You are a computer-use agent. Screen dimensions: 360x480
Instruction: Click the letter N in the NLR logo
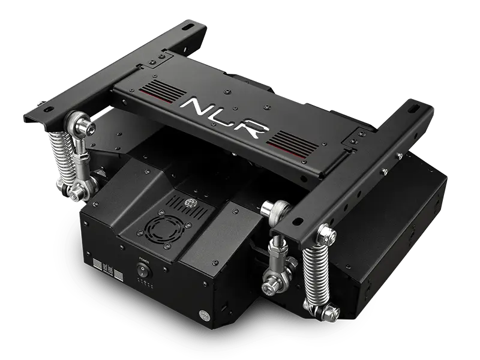tap(196, 109)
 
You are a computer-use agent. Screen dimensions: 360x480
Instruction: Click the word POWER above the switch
tap(143, 260)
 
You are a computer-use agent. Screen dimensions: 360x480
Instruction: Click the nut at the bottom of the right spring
tap(329, 313)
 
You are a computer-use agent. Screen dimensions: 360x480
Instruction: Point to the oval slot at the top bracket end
tap(190, 27)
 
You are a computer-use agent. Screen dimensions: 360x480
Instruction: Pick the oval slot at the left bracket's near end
tap(40, 106)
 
